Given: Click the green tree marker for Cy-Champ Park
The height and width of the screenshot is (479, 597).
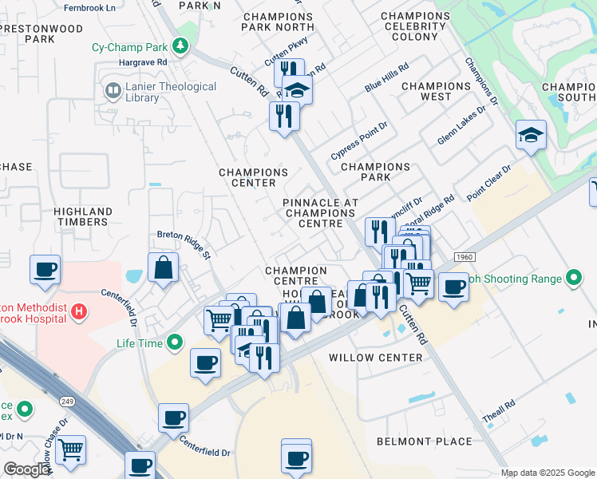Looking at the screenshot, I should click(183, 47).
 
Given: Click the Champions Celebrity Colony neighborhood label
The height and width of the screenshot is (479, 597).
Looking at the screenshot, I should click(414, 26).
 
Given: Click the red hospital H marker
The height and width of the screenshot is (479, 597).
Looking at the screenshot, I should click(79, 311).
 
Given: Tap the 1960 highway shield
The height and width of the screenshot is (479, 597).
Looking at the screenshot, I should click(465, 256).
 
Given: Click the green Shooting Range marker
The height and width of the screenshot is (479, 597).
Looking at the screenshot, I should click(572, 279).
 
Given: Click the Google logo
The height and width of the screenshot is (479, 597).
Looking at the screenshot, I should click(26, 469).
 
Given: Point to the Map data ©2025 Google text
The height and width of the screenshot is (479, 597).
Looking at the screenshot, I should click(547, 473).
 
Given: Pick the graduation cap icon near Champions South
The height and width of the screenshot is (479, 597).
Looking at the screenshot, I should click(530, 136).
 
